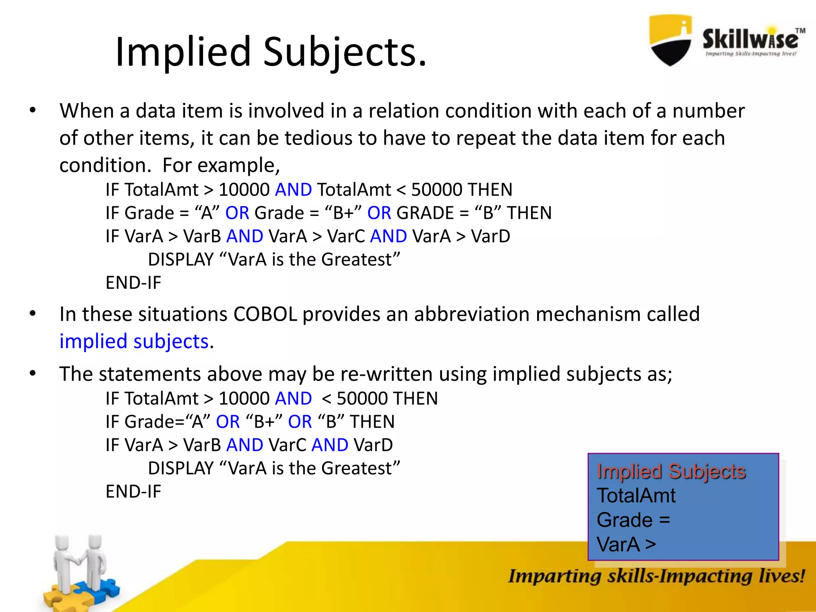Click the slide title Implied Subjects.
point(271,52)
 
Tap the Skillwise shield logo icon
point(670,40)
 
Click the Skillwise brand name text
point(750,39)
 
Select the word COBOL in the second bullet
point(265,314)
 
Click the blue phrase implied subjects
point(134,341)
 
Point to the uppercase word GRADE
point(425,213)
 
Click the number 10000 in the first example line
point(244,190)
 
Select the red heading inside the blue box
point(671,471)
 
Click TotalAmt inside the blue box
point(636,496)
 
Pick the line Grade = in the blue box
point(633,520)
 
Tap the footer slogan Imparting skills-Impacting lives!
point(656,576)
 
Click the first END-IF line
point(133,283)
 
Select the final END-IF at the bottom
point(133,492)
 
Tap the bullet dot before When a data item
point(33,110)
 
